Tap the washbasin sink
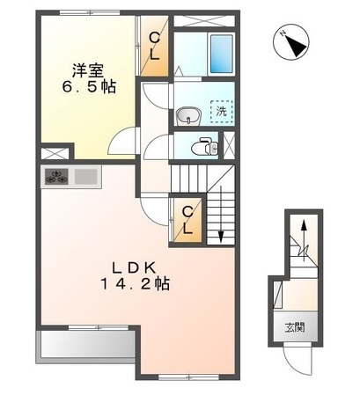coord(187,115)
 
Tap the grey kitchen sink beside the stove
coord(85,177)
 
